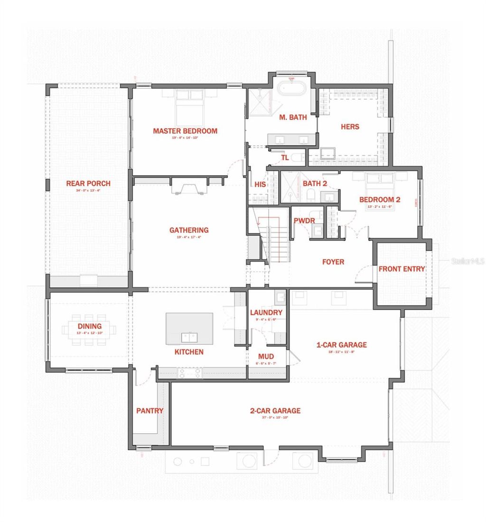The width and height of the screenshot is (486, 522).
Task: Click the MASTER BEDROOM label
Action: click(x=185, y=131)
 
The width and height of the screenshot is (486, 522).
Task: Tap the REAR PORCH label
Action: click(x=88, y=183)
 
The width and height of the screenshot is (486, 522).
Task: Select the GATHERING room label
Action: click(x=189, y=230)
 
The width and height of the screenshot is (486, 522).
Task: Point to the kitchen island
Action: click(x=189, y=328)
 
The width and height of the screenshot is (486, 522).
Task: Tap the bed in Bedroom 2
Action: click(x=379, y=184)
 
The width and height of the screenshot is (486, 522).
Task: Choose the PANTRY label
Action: click(x=150, y=411)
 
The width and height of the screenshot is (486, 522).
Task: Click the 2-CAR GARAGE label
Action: click(x=275, y=411)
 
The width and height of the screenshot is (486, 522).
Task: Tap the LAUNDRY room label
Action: click(x=266, y=313)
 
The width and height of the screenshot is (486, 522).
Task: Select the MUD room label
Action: click(x=266, y=356)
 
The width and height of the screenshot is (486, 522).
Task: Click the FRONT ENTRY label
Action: click(x=402, y=269)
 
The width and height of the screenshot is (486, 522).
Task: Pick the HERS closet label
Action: click(x=350, y=127)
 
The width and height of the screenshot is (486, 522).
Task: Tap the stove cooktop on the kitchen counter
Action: click(x=190, y=373)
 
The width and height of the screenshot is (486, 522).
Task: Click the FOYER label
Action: click(x=333, y=262)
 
